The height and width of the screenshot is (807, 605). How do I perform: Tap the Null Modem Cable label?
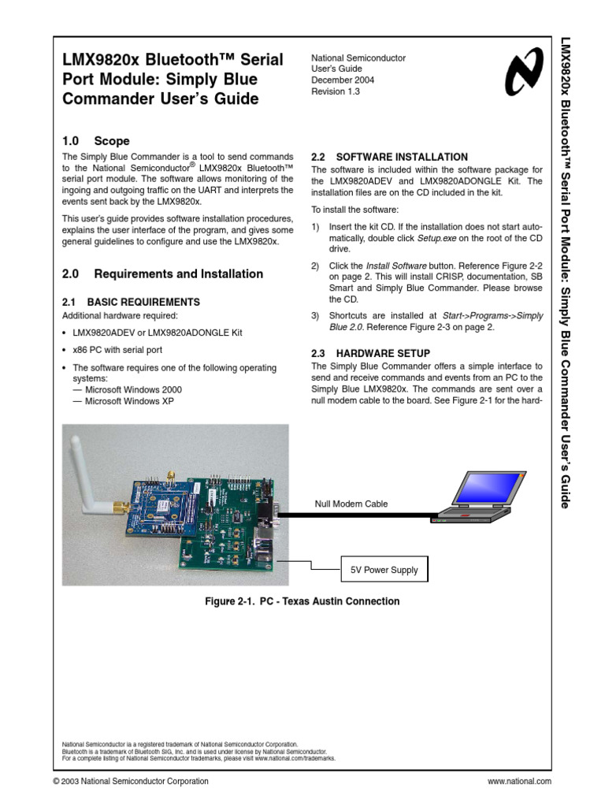(x=351, y=504)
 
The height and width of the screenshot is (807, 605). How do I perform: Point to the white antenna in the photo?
(x=87, y=473)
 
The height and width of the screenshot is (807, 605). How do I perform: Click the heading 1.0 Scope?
(x=95, y=141)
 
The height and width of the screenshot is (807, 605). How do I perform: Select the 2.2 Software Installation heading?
(x=389, y=157)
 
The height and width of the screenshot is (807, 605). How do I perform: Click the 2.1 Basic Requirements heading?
(x=131, y=302)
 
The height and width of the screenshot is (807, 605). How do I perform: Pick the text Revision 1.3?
(x=336, y=91)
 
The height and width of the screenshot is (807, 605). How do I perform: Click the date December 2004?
(x=343, y=80)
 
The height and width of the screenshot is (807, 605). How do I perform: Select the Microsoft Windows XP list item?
(x=124, y=400)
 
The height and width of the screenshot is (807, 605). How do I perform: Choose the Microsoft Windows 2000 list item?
(x=128, y=389)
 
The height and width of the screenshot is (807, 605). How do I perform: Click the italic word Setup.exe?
(x=439, y=237)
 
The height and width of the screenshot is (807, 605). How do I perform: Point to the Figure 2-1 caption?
(x=302, y=601)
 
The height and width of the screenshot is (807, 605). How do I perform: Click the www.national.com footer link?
(x=520, y=781)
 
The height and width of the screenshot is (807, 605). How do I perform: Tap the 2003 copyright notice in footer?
(x=131, y=781)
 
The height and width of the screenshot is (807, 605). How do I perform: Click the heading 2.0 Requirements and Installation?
(x=162, y=274)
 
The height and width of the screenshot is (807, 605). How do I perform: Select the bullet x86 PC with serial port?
(x=117, y=350)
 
